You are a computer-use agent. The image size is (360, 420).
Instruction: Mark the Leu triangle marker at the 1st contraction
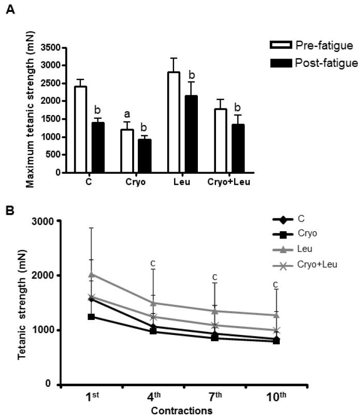tap(91, 274)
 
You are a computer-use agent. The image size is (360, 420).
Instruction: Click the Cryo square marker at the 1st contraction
tap(91, 316)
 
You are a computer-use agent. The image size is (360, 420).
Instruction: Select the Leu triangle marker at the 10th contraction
tap(276, 315)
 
